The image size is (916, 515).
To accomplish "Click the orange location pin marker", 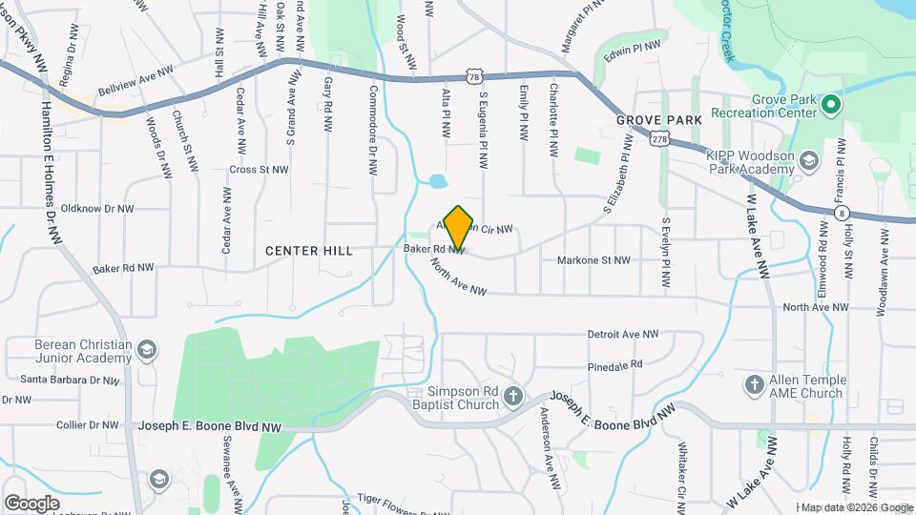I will (459, 227).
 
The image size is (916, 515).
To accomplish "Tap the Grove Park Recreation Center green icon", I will (830, 104).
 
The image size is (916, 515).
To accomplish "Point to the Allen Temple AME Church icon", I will (754, 384).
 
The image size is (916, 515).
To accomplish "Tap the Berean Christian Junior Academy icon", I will (146, 351).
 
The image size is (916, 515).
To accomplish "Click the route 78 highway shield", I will (473, 75).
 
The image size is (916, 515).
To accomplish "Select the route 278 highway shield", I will (659, 139).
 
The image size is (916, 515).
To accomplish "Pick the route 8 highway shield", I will (843, 214).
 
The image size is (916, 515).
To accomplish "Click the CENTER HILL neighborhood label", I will (309, 251).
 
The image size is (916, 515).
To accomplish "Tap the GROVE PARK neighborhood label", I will (658, 120).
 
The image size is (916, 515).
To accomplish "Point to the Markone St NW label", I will (593, 259).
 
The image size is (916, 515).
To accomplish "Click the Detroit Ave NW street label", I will (623, 335).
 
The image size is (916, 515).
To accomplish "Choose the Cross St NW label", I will (259, 170).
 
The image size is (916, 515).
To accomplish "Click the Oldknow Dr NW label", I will (97, 207).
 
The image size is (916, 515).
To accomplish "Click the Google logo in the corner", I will (31, 503).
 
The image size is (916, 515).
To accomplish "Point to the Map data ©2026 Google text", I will (857, 507).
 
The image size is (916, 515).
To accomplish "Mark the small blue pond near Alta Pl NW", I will (437, 181).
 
